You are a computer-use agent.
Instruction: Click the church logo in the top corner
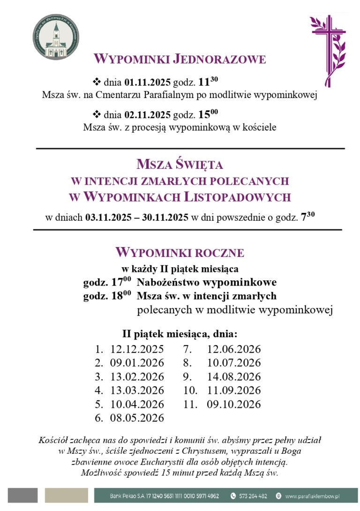pyautogui.click(x=56, y=37)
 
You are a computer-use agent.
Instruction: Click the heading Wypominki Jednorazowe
pyautogui.click(x=180, y=60)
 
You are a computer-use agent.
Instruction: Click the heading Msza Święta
pyautogui.click(x=180, y=165)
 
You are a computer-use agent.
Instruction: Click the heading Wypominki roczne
pyautogui.click(x=180, y=253)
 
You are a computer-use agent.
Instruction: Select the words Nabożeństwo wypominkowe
pyautogui.click(x=206, y=283)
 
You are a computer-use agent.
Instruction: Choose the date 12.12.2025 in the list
pyautogui.click(x=137, y=349)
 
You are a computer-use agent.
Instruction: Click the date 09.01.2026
pyautogui.click(x=137, y=363)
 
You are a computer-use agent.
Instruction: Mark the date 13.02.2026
pyautogui.click(x=137, y=376)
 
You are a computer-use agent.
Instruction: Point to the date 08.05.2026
pyautogui.click(x=137, y=418)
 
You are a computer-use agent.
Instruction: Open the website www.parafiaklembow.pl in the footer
pyautogui.click(x=312, y=496)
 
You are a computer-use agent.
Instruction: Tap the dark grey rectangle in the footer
pyautogui.click(x=22, y=495)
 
